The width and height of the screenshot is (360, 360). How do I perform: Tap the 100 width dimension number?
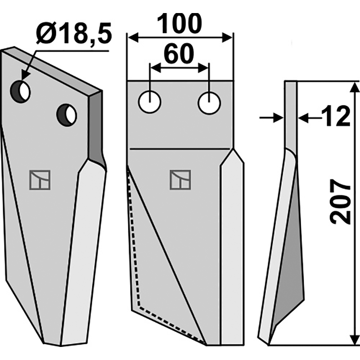tap(179, 24)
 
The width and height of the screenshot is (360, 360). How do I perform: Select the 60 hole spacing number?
tap(179, 54)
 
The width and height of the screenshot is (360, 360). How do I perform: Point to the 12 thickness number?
tap(336, 116)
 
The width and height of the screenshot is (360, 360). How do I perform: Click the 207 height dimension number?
tap(340, 202)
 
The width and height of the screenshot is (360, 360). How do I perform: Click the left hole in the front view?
tap(150, 102)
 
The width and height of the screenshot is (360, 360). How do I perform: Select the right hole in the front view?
tap(209, 103)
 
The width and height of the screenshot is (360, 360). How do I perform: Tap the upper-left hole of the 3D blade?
tap(20, 92)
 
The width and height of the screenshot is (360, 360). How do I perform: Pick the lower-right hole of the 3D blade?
tap(67, 115)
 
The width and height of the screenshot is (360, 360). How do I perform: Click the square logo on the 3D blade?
tap(40, 180)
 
